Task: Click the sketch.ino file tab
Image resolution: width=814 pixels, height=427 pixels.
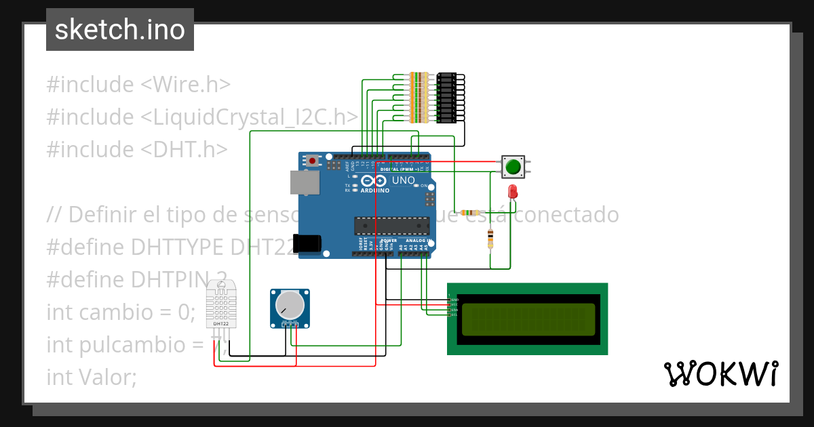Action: tap(120, 30)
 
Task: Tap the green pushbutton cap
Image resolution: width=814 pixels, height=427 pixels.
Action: tap(513, 166)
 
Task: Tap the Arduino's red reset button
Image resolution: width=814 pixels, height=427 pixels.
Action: tap(312, 161)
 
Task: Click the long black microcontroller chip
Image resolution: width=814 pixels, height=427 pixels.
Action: tap(391, 226)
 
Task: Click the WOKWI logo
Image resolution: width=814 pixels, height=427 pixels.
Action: tap(720, 373)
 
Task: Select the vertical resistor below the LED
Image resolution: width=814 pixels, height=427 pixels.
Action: tap(490, 238)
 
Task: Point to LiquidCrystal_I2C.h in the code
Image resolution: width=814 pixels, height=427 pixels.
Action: tap(250, 117)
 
